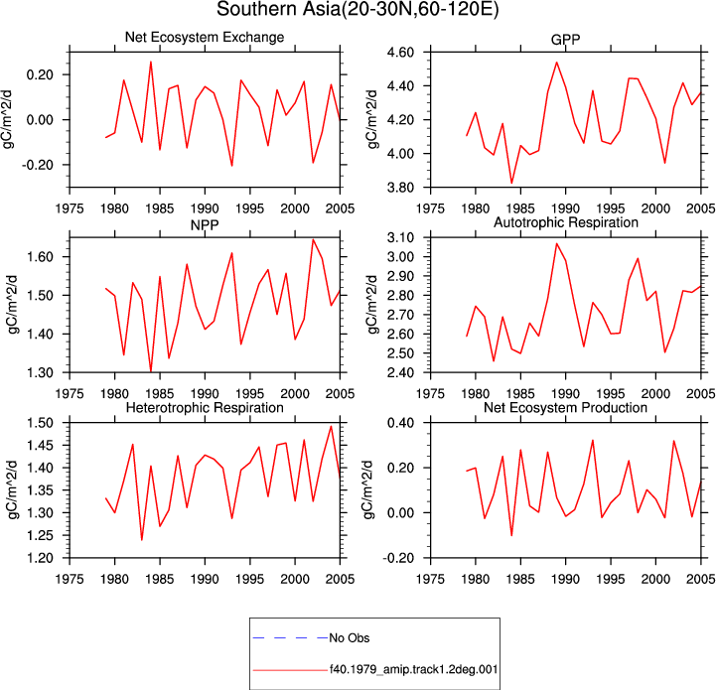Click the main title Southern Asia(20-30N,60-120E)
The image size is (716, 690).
pos(358,9)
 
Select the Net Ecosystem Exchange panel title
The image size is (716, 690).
pos(205,37)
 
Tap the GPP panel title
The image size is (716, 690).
pos(565,40)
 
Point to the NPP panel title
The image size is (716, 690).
pos(205,224)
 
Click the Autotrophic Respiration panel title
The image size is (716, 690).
pos(566,222)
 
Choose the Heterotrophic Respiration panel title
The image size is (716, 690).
pos(205,407)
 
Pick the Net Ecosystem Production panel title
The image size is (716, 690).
pos(565,407)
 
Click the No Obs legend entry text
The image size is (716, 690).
pos(350,638)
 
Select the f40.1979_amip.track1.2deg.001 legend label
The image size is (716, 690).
pos(414,669)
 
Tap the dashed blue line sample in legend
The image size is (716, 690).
pos(290,638)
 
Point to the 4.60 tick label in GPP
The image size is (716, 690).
pos(400,53)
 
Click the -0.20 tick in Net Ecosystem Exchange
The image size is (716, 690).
pos(38,165)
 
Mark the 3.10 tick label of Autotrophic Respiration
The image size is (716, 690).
pos(400,238)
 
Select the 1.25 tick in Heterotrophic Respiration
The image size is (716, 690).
pos(40,536)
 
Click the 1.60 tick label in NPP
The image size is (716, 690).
pos(40,256)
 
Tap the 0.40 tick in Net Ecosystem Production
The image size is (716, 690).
pos(400,423)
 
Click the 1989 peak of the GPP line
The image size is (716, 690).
pos(557,63)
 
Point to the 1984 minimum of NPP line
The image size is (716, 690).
pos(151,370)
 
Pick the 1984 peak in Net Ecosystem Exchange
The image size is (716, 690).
pos(151,63)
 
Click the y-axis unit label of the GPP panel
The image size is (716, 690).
pos(372,120)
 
